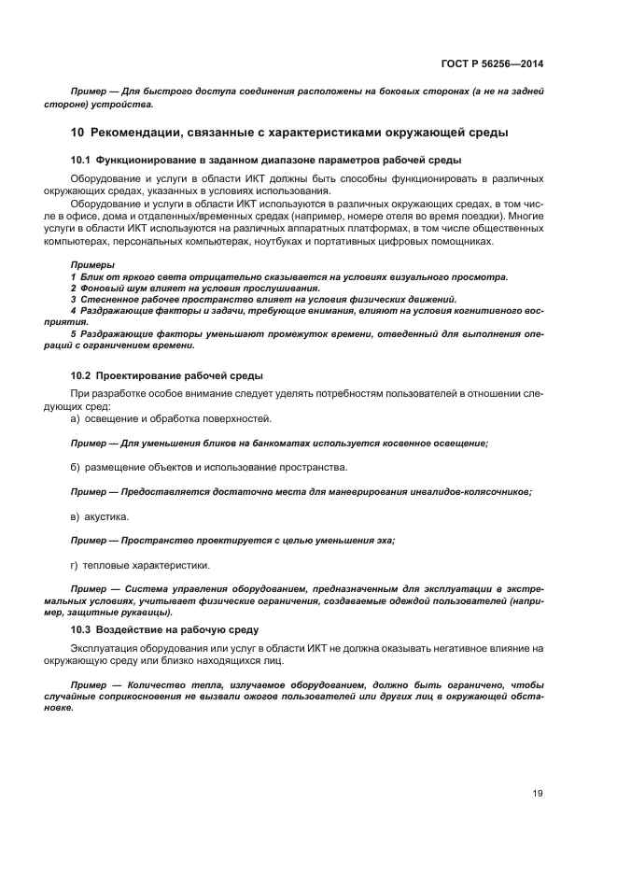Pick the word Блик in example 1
click(91, 277)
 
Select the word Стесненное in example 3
click(109, 300)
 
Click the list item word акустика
click(106, 515)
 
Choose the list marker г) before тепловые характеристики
click(75, 564)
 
